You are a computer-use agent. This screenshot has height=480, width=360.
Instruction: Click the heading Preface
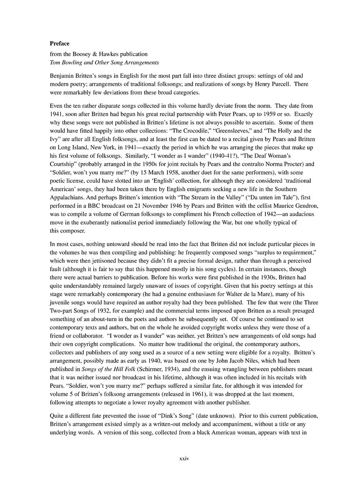point(60,43)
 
